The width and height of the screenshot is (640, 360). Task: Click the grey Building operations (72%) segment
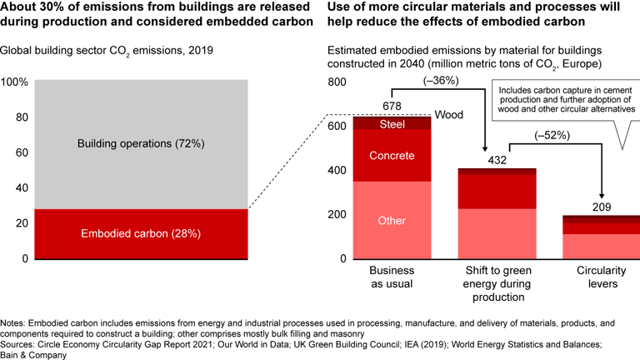[141, 143]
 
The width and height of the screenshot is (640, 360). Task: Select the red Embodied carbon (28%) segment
[141, 234]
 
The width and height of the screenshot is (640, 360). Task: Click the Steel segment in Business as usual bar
[392, 124]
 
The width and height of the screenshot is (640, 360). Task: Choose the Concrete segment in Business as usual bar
[392, 155]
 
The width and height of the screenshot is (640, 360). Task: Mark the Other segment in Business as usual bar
[392, 221]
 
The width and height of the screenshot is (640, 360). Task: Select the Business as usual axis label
[392, 277]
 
